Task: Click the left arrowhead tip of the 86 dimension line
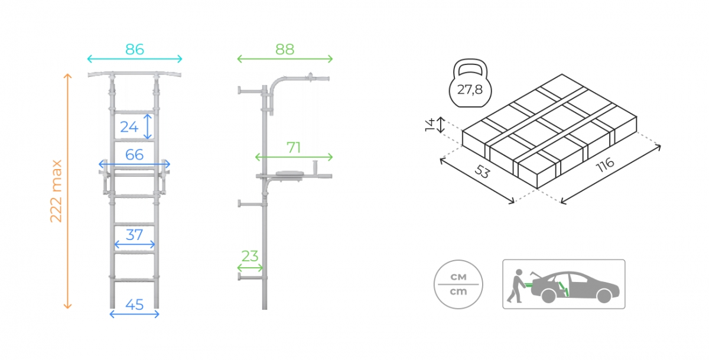(x=87, y=59)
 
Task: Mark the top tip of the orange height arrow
(x=67, y=74)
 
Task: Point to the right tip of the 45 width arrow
(x=159, y=314)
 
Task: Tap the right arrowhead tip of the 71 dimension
(x=332, y=157)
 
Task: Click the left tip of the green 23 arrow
(x=238, y=268)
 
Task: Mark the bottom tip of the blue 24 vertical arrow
(x=148, y=139)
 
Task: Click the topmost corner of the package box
(x=562, y=74)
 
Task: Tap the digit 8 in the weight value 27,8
(x=478, y=90)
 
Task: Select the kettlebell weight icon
(x=470, y=83)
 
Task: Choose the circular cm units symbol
(x=458, y=284)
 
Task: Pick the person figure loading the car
(x=515, y=286)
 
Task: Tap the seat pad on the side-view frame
(x=290, y=174)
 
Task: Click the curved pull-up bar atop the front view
(x=135, y=74)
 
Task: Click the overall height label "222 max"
(x=56, y=191)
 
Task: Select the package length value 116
(x=605, y=165)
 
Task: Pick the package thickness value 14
(x=430, y=125)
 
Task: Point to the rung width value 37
(x=135, y=235)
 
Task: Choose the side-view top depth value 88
(x=285, y=50)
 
